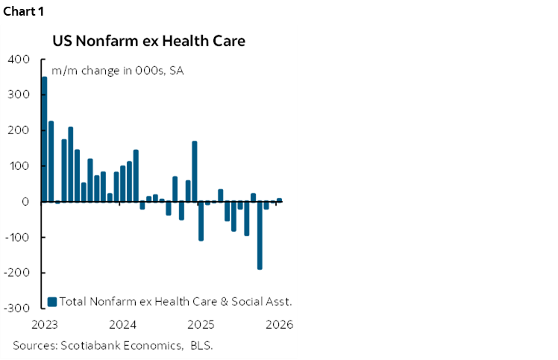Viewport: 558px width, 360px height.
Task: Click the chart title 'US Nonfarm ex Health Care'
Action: point(148,40)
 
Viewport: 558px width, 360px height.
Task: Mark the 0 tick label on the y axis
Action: point(25,202)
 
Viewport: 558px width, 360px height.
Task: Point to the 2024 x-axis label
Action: point(122,325)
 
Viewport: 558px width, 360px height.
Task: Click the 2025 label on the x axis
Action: point(201,325)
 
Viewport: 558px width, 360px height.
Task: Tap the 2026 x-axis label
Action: point(279,325)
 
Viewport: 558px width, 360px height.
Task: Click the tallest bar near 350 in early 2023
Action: point(44,139)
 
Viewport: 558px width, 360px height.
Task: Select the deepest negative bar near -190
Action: point(260,235)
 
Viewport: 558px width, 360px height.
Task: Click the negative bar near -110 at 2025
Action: point(201,221)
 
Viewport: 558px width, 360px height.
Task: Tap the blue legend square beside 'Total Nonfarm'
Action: point(52,302)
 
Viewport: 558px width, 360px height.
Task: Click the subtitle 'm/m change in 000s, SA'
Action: point(117,72)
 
